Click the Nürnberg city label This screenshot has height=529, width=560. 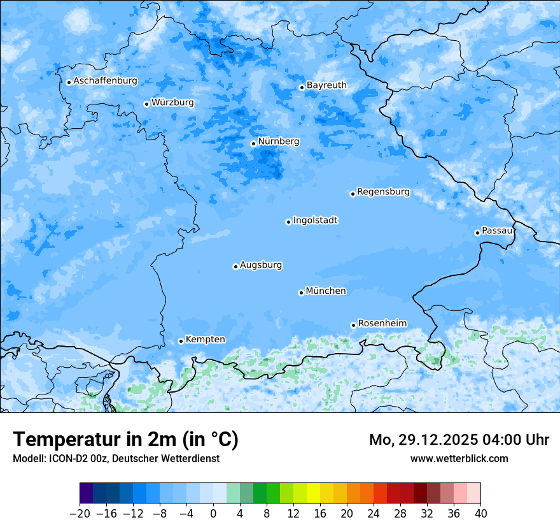pos(279,141)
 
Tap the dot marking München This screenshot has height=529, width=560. pos(301,293)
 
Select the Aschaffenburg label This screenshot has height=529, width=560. pos(105,81)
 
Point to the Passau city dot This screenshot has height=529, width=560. pos(477,233)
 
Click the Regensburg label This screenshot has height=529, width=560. pos(383,192)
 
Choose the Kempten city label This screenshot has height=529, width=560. pos(205,340)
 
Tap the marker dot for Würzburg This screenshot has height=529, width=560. pos(146,104)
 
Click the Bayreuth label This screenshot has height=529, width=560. pos(326,85)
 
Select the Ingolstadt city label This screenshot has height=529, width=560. pos(315,221)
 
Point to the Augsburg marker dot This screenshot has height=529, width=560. pos(235,266)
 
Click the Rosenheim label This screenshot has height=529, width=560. pos(382,324)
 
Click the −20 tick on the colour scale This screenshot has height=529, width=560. pos(80,513)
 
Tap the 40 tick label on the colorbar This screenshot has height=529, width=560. pos(480,513)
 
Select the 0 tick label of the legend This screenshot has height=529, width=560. pos(213,513)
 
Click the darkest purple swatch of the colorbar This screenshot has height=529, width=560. pos(87,493)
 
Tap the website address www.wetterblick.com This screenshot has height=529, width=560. pos(459,458)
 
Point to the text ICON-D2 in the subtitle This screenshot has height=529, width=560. pos(64,458)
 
